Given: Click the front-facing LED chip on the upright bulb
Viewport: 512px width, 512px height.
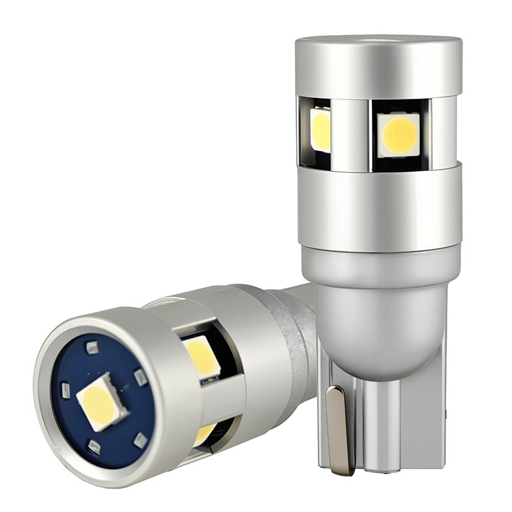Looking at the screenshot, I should click(x=397, y=134).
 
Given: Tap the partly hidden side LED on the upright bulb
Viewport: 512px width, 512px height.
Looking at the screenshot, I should click(x=321, y=130).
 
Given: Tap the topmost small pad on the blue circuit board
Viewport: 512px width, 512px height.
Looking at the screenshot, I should click(x=92, y=348).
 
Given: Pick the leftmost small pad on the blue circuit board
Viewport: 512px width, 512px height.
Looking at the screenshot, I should click(x=65, y=390).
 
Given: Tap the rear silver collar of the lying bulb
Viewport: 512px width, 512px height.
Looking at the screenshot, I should click(x=269, y=358).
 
